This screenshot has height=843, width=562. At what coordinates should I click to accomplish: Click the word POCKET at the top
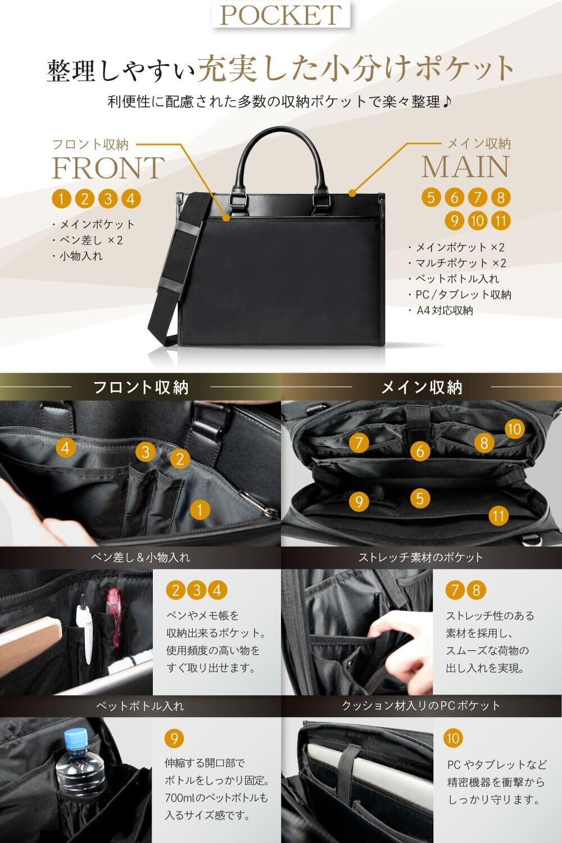(x=281, y=15)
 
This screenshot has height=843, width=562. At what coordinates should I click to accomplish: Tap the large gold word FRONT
(x=108, y=168)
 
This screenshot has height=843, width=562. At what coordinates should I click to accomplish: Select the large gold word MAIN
(x=465, y=166)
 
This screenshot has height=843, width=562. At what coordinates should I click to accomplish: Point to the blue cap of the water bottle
(x=76, y=738)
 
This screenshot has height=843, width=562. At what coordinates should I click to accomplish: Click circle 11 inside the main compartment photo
(x=498, y=515)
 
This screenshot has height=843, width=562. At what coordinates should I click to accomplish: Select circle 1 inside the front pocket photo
(x=200, y=510)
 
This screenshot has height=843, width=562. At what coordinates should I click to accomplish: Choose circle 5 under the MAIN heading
(x=431, y=197)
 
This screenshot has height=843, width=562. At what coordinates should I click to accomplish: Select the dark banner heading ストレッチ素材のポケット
(x=420, y=558)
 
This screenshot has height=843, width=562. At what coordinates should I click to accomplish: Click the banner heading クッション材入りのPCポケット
(x=421, y=706)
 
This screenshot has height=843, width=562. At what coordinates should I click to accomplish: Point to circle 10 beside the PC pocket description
(x=453, y=738)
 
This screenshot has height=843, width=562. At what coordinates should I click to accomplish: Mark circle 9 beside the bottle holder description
(x=174, y=738)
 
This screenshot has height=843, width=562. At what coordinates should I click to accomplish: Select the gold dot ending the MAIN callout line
(x=352, y=193)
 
